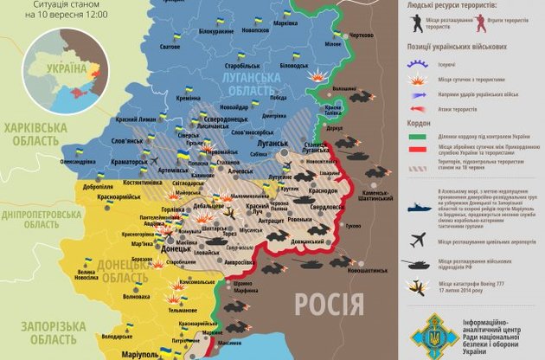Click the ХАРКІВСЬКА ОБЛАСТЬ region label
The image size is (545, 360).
35,134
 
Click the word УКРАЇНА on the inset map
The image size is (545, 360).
64,67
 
